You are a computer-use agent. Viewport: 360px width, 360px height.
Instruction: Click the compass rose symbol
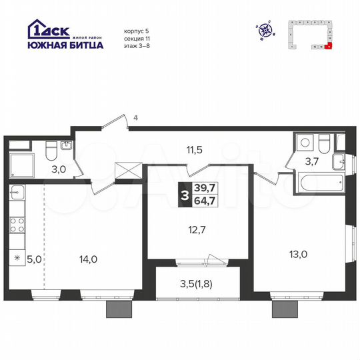tap(265, 29)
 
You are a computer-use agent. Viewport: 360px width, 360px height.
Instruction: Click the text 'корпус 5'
tap(137, 31)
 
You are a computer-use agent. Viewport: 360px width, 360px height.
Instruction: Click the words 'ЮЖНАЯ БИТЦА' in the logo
tap(65, 45)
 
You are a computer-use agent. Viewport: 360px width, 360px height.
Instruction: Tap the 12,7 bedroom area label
tap(194, 231)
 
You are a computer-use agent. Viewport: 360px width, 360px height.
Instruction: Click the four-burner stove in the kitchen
tap(16, 224)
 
